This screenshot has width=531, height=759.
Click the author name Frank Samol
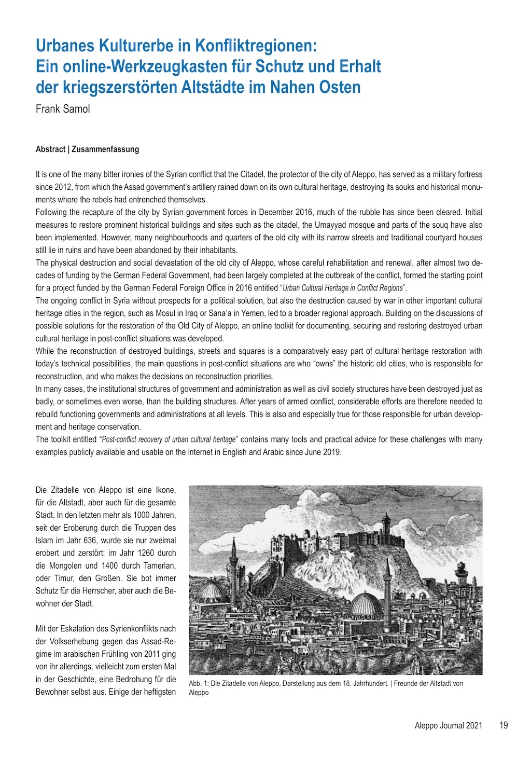click(62, 109)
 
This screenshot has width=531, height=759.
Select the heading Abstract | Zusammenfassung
click(87, 149)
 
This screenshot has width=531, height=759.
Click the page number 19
click(504, 725)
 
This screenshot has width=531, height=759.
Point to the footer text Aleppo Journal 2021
click(448, 725)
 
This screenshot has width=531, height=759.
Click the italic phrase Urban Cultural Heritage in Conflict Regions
click(342, 288)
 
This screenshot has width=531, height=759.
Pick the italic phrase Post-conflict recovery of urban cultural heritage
click(169, 439)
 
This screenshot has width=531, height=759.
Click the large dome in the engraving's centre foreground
click(366, 604)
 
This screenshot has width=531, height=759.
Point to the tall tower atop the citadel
click(385, 527)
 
